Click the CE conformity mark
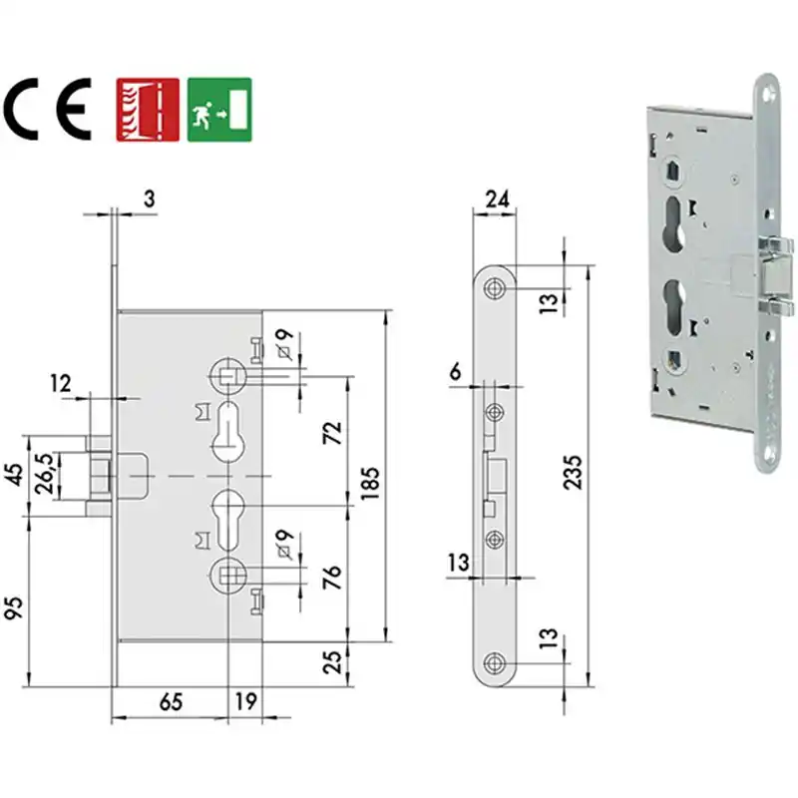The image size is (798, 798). pos(47,110)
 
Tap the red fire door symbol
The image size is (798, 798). pos(148,110)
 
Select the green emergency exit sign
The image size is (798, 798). pos(219,110)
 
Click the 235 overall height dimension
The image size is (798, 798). pos(573,472)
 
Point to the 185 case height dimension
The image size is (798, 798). pos(371,483)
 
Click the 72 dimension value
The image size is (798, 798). pos(333,433)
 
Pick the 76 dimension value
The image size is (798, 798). pos(333,577)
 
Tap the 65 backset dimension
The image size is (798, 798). pos(171,702)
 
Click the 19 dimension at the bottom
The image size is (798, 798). pos(245,702)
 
